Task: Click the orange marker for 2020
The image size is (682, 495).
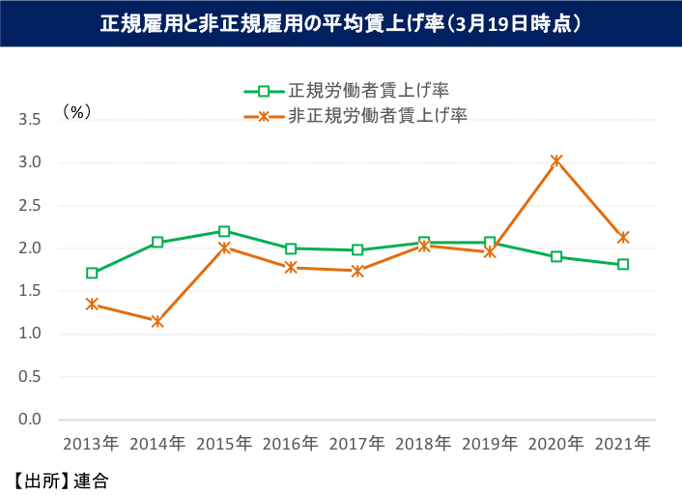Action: pos(556,160)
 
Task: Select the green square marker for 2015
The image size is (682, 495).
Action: pos(224,231)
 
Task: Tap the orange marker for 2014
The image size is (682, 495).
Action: pos(157,321)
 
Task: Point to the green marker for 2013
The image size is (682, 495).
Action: pos(92,273)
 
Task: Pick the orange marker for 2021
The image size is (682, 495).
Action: pos(623,237)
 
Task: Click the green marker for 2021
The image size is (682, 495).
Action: pos(623,264)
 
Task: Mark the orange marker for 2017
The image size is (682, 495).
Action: pos(357,271)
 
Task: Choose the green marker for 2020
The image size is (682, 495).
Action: pos(556,256)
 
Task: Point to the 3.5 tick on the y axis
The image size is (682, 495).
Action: pos(29,120)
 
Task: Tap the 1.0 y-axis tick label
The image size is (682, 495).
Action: pos(29,334)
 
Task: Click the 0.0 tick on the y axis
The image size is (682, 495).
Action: pos(29,420)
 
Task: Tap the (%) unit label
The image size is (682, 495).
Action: pos(77,111)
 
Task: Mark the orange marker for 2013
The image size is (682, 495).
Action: pos(92,304)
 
